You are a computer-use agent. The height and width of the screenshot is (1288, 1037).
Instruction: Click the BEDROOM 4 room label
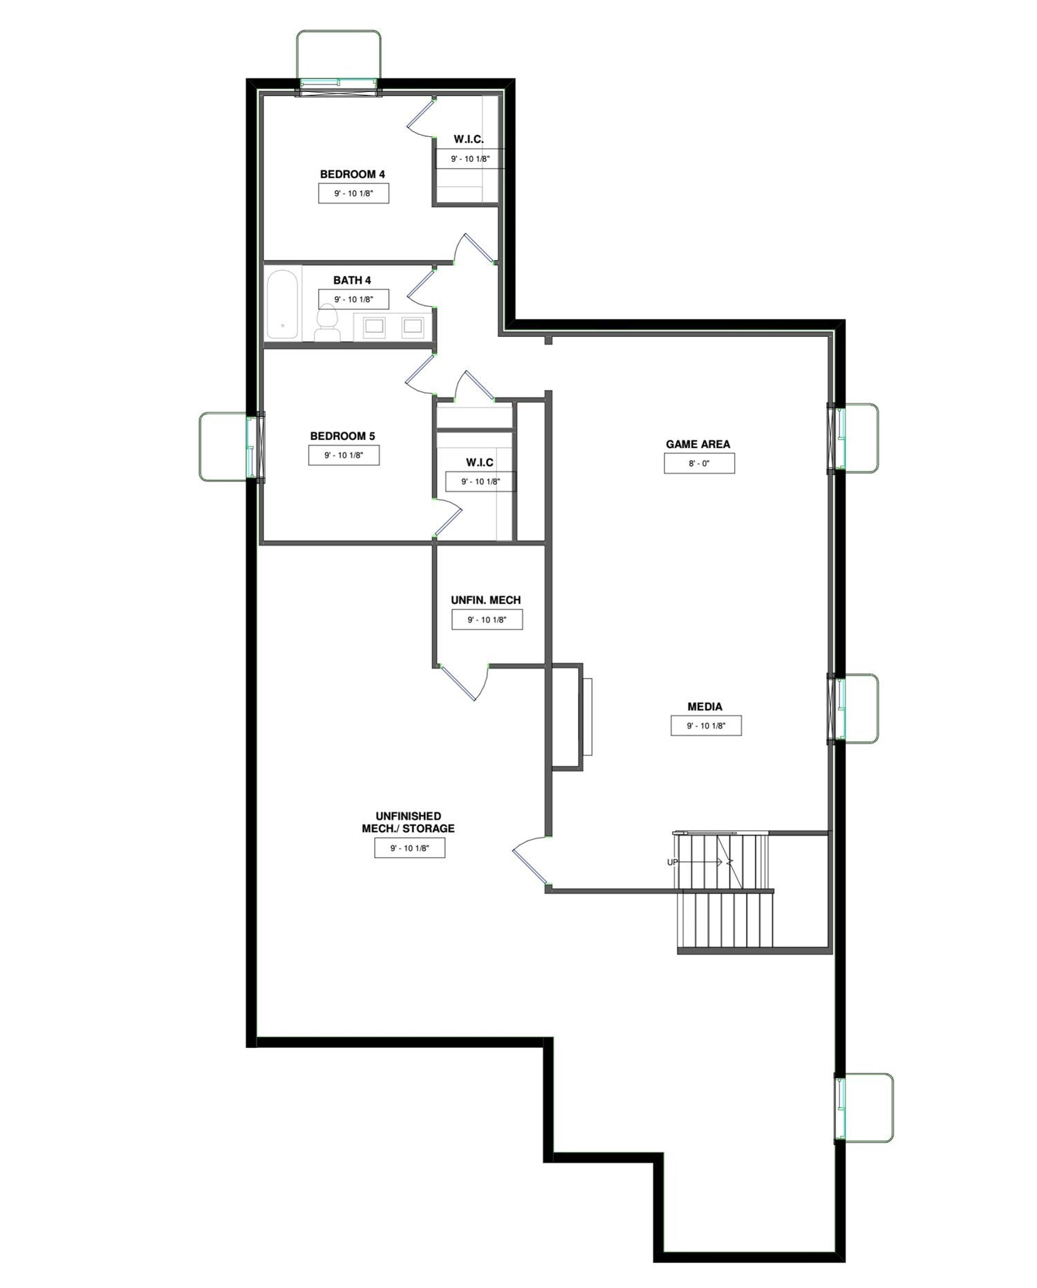pos(352,174)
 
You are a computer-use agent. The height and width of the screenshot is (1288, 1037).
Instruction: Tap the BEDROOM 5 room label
pos(342,436)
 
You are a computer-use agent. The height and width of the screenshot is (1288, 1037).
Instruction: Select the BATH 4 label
pos(352,280)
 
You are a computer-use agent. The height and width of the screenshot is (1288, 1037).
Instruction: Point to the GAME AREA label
pos(698,444)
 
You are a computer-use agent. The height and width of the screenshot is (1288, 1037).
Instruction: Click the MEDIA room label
pos(704,706)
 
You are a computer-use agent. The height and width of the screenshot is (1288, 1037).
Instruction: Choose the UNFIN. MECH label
pos(486,600)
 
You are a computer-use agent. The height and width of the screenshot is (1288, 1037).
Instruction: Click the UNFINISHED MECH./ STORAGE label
pos(408,822)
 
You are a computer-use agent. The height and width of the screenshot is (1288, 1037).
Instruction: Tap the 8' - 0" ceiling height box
pos(699,463)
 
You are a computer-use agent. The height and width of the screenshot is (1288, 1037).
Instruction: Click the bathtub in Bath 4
pos(282,305)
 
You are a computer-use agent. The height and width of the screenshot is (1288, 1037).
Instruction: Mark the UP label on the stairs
pos(672,862)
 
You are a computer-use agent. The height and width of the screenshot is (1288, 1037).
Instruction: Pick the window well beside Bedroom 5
pos(229,446)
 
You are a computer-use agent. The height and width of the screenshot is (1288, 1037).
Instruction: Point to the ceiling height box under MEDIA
pos(706,726)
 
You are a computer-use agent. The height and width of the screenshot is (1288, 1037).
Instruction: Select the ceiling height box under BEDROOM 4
pos(353,194)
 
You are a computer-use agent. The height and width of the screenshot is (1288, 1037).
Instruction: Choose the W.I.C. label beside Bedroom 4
pos(469,139)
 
